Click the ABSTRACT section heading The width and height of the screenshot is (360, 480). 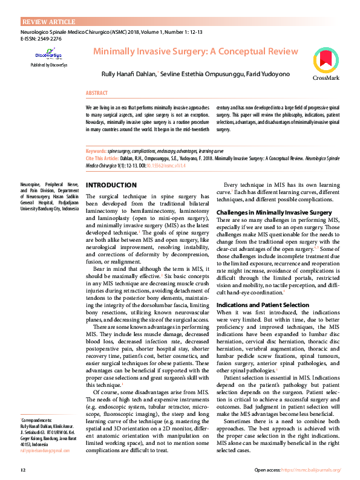tap(97, 94)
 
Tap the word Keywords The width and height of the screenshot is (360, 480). tap(96, 151)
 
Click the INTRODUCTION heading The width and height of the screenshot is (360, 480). tap(111, 185)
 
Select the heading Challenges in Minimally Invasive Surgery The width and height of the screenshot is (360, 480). tap(274, 213)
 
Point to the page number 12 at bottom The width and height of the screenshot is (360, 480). tap(23, 470)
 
